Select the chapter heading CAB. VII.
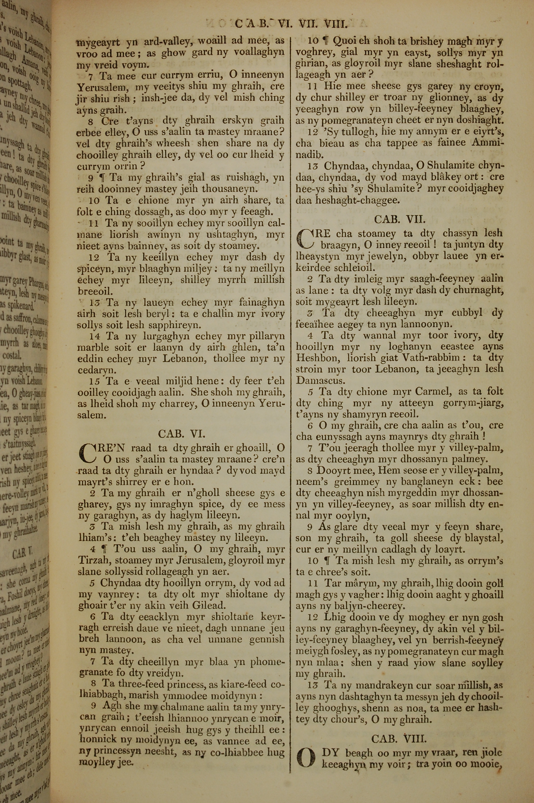(x=400, y=219)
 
